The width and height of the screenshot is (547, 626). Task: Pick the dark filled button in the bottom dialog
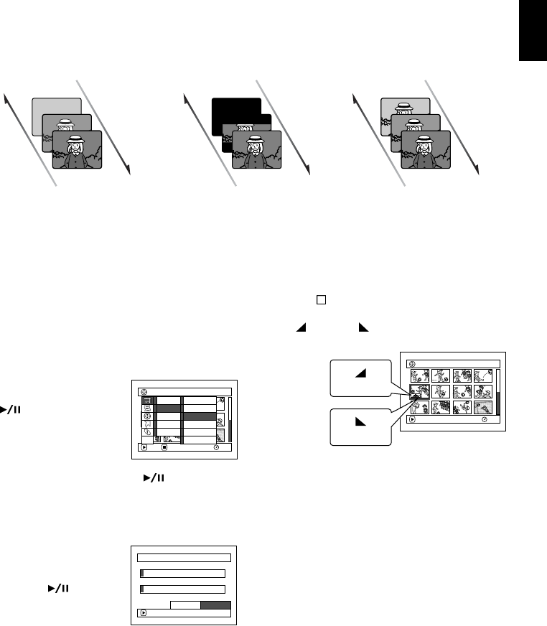tap(215, 604)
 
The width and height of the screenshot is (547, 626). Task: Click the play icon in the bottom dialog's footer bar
tap(143, 614)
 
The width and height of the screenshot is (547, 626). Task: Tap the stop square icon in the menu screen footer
tap(164, 447)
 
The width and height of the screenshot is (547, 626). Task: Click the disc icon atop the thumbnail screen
tap(413, 363)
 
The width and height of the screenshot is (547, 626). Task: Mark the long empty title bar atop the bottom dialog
tap(184, 556)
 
